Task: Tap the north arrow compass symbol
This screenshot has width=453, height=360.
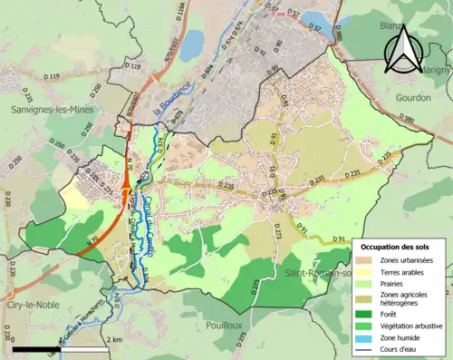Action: tap(400, 47)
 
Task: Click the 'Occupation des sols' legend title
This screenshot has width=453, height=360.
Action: tap(401, 247)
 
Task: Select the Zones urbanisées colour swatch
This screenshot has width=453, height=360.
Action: tap(370, 260)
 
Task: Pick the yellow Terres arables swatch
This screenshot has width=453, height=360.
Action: tap(370, 273)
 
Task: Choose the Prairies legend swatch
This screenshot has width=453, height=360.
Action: tap(370, 285)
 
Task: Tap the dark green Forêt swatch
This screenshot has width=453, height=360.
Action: tap(370, 314)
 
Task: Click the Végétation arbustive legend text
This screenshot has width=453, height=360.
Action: tap(414, 326)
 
